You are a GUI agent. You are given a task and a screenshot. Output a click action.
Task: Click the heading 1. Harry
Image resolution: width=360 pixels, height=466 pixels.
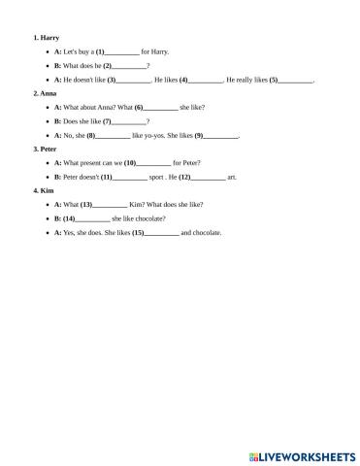[46, 37]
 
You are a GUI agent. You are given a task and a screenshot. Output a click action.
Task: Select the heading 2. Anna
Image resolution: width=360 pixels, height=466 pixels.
[45, 93]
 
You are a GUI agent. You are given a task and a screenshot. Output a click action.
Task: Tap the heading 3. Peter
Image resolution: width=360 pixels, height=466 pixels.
[46, 150]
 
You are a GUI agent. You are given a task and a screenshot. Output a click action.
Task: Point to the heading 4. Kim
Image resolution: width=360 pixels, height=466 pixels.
[44, 191]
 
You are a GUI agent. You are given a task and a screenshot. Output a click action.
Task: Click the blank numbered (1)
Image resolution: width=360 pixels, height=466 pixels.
[123, 51]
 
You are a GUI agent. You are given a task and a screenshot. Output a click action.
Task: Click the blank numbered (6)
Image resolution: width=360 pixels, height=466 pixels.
[161, 108]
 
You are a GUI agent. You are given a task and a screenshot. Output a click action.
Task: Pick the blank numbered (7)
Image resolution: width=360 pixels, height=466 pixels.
[130, 121]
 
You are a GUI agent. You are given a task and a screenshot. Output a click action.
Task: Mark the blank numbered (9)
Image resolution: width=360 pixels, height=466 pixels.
[221, 136]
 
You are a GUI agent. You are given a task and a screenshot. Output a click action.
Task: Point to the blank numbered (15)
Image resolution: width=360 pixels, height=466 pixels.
[162, 234]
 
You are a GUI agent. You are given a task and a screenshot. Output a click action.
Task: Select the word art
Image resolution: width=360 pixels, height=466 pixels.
[231, 178]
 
